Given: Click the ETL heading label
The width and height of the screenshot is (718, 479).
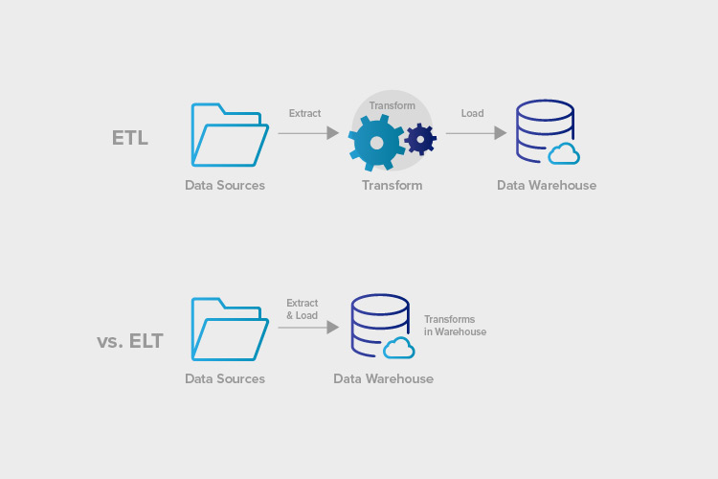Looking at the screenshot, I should pos(130,137).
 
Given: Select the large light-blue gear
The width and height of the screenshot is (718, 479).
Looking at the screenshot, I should pos(376,142).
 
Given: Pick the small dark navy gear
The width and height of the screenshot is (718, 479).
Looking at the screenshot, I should pos(419,140).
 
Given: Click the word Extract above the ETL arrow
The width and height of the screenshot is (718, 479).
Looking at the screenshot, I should pos(304,113).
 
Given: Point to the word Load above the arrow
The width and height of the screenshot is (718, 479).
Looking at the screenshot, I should pos(472,113).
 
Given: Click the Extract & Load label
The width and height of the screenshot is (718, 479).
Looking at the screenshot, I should pos(302,308).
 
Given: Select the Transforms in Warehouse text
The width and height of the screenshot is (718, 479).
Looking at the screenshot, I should pos(455,326).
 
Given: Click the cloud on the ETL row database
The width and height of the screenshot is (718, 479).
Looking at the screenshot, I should pos(564,153).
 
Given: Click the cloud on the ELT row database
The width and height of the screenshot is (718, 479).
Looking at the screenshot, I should pos(399,347).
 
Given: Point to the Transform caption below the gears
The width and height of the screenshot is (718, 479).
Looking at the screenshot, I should pos(392,185).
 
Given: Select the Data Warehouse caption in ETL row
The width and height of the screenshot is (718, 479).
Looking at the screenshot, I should pos(546,185).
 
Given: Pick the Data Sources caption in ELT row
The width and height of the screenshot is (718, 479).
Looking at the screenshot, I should pos(225,378).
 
